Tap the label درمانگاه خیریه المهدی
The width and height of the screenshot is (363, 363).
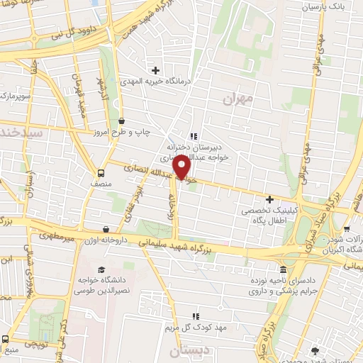click(155, 82)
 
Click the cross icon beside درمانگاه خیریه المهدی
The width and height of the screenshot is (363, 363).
click(155, 69)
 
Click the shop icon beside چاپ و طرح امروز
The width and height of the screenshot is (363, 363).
click(123, 121)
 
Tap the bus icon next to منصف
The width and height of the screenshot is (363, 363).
click(101, 172)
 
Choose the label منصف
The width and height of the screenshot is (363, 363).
click(101, 183)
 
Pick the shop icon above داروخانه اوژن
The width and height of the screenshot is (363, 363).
click(106, 229)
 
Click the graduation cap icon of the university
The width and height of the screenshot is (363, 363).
click(101, 269)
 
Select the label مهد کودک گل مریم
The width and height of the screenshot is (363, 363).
click(196, 328)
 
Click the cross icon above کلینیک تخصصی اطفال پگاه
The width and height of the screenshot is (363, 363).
click(269, 199)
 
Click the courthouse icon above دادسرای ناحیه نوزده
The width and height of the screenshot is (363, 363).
click(284, 269)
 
